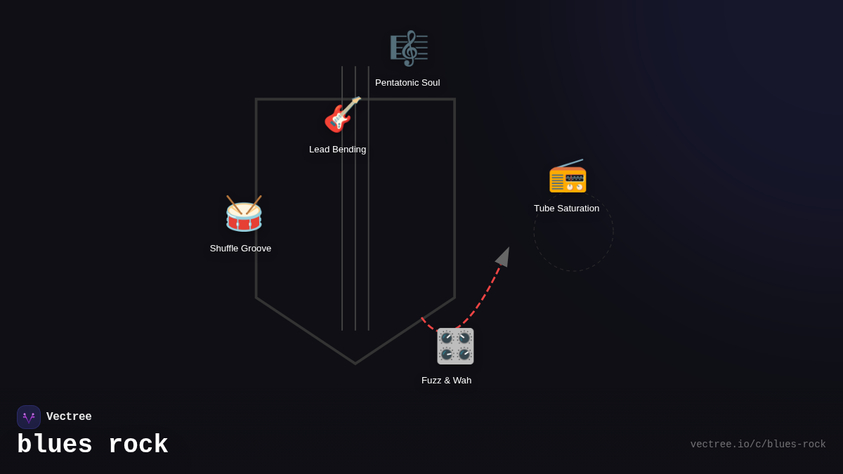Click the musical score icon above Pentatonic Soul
click(409, 48)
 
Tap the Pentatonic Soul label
click(407, 83)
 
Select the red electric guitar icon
click(341, 115)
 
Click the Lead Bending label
click(337, 150)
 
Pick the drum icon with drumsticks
click(244, 214)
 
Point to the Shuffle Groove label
click(240, 249)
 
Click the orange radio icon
click(568, 177)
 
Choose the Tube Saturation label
click(566, 209)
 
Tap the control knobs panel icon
click(455, 346)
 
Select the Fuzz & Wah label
click(446, 381)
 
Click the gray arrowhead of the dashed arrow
click(504, 256)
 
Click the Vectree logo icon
click(29, 417)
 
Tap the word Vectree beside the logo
click(69, 417)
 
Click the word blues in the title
click(55, 445)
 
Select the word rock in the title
click(138, 445)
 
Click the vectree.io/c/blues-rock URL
click(757, 445)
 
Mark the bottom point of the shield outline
click(355, 363)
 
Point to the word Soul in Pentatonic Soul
click(428, 83)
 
